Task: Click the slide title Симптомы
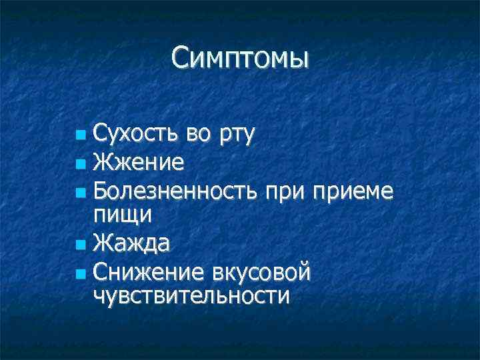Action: pos(240,59)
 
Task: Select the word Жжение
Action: pos(139,162)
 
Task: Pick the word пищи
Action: pos(123,215)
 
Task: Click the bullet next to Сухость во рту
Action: pos(81,136)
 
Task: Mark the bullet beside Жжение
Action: pos(81,163)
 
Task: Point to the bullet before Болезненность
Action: pos(81,193)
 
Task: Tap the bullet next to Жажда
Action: pos(81,244)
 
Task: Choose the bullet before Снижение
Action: pos(81,273)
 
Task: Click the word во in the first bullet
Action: pos(198,135)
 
